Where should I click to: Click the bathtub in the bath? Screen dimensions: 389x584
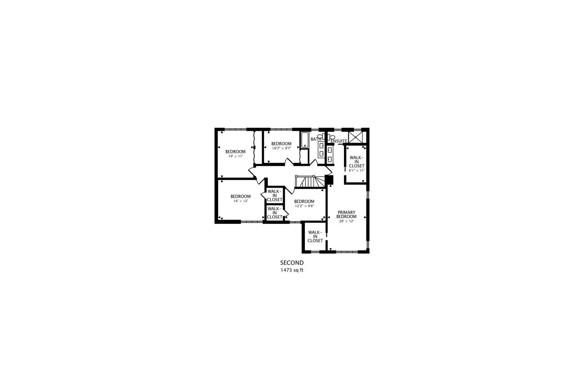(x=305, y=140)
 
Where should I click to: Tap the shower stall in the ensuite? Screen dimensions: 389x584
(x=355, y=137)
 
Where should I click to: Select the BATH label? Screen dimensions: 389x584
(x=316, y=139)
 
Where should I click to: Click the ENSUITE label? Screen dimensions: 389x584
(x=339, y=141)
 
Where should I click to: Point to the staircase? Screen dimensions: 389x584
(x=309, y=182)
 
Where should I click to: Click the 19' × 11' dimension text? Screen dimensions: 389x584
(x=235, y=156)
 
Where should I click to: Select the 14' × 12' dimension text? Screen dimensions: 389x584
(x=240, y=201)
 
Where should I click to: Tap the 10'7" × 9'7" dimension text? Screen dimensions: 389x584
(x=281, y=148)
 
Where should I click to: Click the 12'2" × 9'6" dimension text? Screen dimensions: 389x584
(x=304, y=206)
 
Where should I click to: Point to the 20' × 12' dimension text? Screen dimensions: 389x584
(x=346, y=221)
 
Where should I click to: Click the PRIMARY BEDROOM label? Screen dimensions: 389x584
(x=346, y=214)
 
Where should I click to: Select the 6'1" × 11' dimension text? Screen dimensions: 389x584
(x=357, y=170)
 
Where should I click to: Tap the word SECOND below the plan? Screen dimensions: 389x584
(x=292, y=263)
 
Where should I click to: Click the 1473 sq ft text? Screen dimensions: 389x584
(x=292, y=270)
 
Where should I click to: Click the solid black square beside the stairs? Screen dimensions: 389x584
(x=329, y=180)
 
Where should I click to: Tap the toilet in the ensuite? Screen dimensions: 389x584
(x=332, y=137)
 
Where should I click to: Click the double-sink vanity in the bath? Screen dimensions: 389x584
(x=321, y=150)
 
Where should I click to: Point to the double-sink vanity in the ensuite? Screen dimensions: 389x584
(x=330, y=154)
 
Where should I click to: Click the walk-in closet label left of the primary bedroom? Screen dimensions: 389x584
(x=315, y=236)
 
